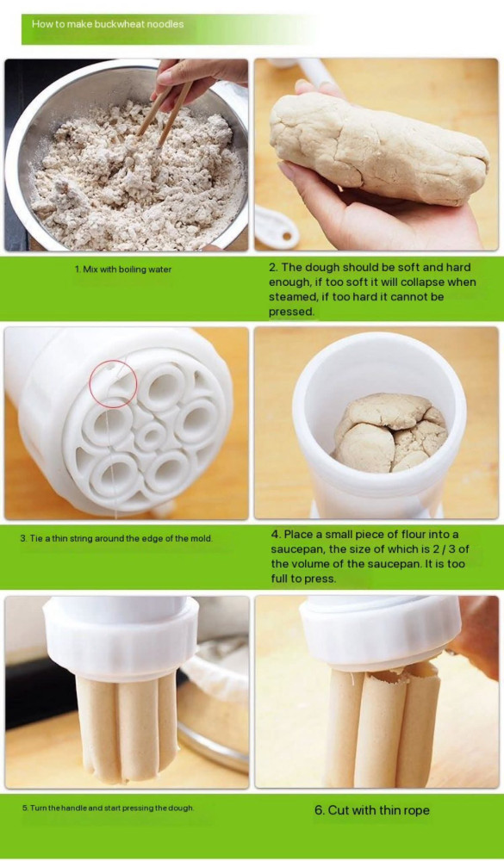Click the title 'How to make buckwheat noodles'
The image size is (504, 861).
tap(108, 24)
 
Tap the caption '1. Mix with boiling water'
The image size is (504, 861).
tap(123, 269)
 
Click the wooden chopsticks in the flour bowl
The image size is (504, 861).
tap(165, 110)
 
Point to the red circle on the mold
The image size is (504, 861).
tap(113, 384)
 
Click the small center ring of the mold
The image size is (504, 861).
tap(150, 437)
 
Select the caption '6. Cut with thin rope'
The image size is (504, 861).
tap(372, 810)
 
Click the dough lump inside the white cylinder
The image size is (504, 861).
tap(391, 433)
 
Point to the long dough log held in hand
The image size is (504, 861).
tap(378, 148)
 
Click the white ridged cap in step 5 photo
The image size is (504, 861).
tap(121, 639)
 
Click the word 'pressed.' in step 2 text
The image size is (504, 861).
tap(292, 312)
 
